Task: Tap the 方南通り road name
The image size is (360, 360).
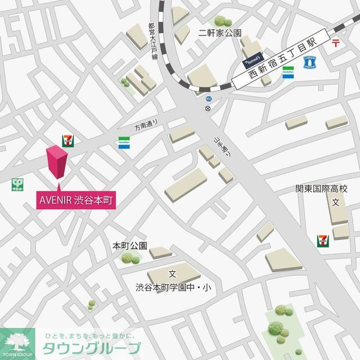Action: pyautogui.click(x=147, y=127)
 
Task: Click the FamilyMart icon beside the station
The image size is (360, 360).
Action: pyautogui.click(x=287, y=73)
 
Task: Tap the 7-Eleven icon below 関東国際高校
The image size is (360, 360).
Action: pyautogui.click(x=323, y=241)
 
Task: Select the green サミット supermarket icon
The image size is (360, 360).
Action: pyautogui.click(x=19, y=184)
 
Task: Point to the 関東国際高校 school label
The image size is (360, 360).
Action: pyautogui.click(x=322, y=190)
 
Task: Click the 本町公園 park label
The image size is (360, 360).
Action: pyautogui.click(x=129, y=246)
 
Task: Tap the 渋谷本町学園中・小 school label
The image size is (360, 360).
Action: pyautogui.click(x=173, y=287)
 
